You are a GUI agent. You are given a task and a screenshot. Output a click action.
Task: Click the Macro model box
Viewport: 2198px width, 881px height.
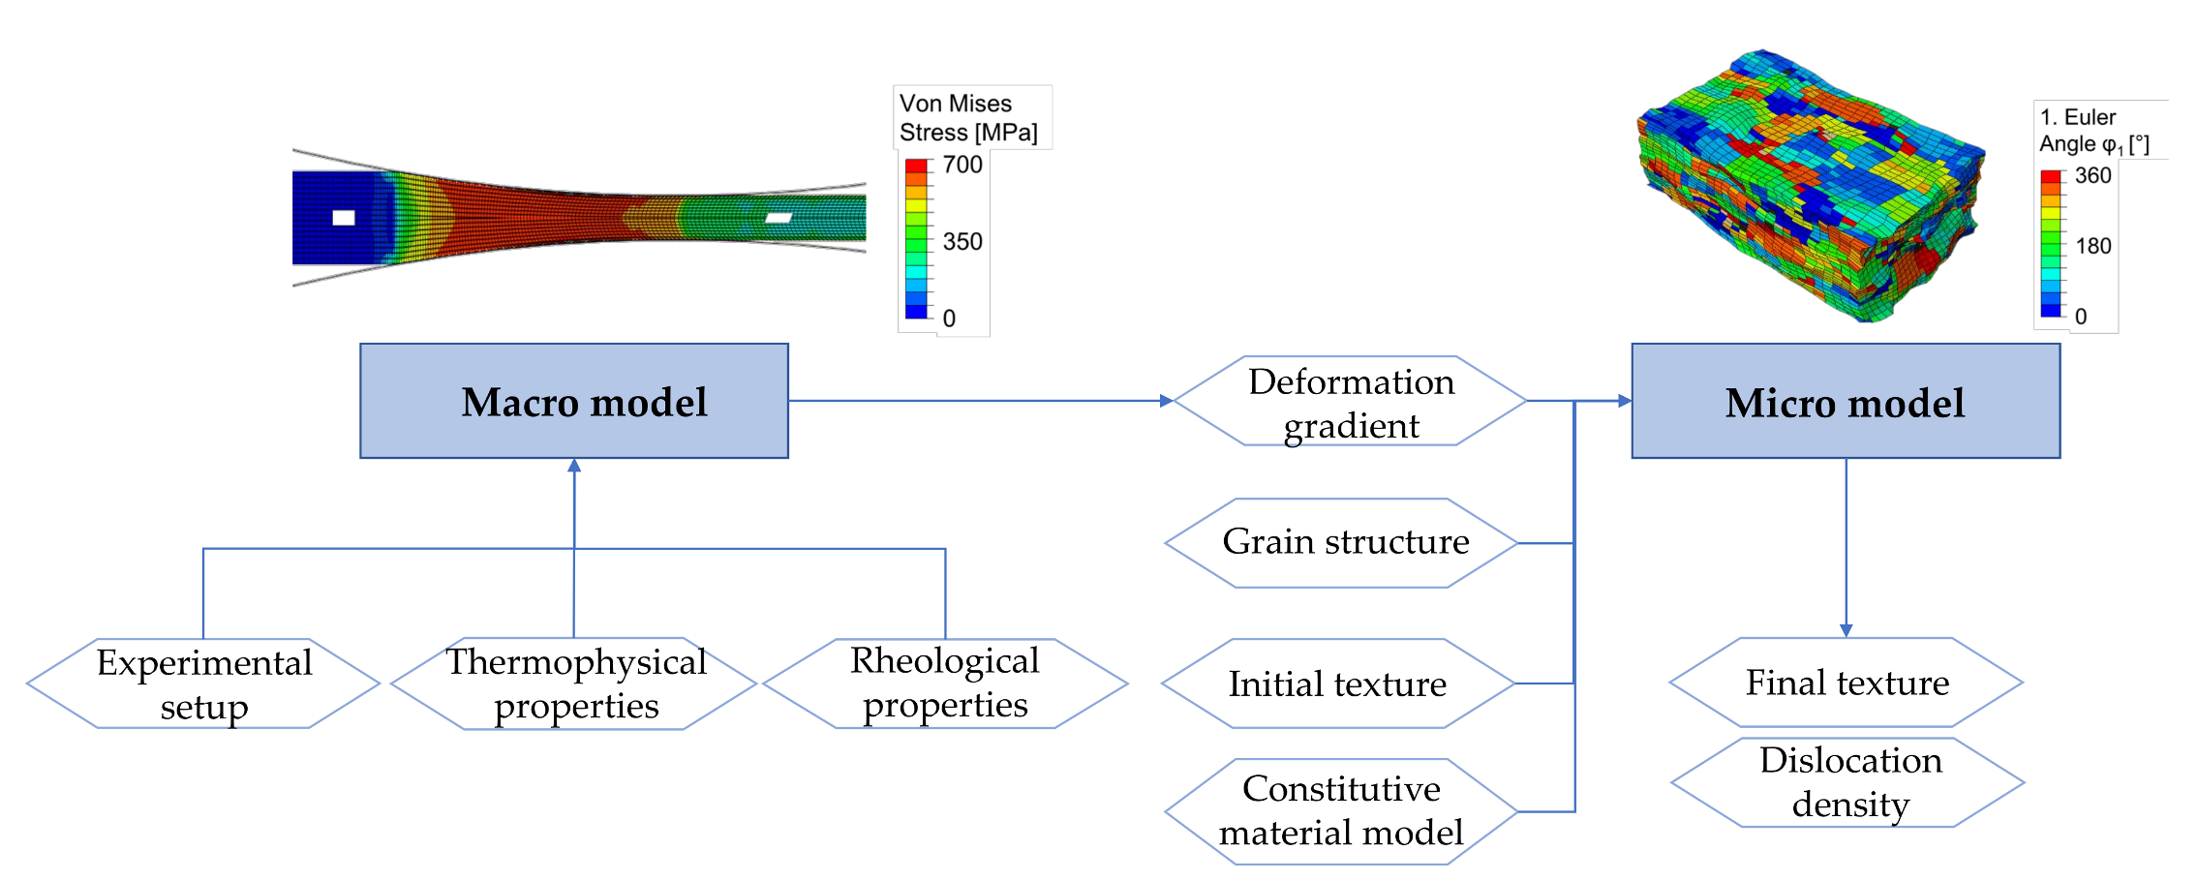click(x=574, y=401)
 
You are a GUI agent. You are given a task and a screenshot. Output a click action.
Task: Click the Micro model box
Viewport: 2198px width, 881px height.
click(x=1846, y=401)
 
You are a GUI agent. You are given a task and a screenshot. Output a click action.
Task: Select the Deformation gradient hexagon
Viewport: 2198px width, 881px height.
click(x=1351, y=402)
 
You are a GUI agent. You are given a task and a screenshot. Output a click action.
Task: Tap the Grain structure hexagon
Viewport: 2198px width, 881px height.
click(x=1344, y=542)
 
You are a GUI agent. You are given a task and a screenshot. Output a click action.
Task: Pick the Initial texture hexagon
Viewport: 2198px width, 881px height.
click(x=1337, y=684)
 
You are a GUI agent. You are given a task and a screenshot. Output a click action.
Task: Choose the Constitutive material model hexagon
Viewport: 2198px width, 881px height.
click(x=1341, y=811)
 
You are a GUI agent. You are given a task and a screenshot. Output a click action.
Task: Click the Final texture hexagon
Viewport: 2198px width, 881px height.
click(x=1847, y=683)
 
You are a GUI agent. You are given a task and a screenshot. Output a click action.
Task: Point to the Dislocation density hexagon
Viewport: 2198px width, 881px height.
click(x=1849, y=782)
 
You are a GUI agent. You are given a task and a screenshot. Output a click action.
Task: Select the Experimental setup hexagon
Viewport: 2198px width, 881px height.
click(x=203, y=684)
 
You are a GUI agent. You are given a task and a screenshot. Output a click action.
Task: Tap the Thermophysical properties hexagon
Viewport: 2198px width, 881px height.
click(x=575, y=684)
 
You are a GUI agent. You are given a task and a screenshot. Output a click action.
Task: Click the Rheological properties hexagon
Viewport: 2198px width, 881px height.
click(x=945, y=683)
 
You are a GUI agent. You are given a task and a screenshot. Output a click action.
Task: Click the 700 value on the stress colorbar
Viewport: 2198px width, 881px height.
click(x=962, y=165)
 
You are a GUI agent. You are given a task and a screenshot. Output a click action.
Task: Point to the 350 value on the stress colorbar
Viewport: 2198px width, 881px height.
click(x=962, y=242)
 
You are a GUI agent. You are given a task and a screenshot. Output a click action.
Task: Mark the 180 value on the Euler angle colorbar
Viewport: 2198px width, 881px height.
click(x=2092, y=246)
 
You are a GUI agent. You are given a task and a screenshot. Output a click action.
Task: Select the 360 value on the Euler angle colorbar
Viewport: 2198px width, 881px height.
click(x=2092, y=175)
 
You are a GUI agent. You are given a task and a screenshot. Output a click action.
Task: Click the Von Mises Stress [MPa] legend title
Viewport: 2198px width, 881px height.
click(x=968, y=117)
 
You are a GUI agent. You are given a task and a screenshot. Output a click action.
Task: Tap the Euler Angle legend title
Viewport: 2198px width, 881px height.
click(x=2093, y=131)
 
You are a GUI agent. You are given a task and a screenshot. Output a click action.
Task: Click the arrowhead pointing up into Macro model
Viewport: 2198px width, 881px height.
click(x=574, y=466)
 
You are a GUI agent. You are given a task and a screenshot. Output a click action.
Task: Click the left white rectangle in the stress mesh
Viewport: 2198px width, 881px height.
click(x=344, y=218)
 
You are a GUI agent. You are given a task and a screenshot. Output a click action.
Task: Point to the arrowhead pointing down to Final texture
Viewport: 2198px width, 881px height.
click(x=1846, y=630)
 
